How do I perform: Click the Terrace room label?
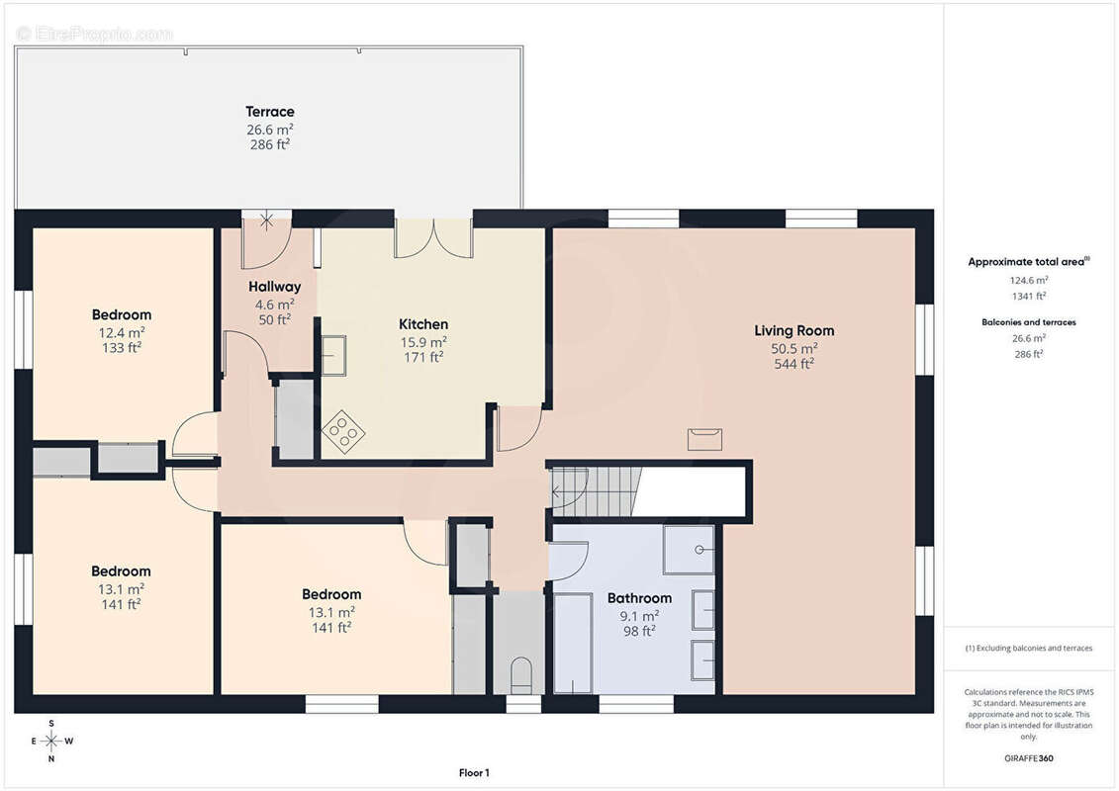click(x=270, y=112)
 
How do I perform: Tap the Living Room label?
click(x=793, y=330)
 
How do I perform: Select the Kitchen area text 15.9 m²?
click(x=423, y=342)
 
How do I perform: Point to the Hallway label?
click(x=275, y=287)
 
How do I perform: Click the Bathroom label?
click(x=639, y=598)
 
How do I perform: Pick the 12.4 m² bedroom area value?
click(x=122, y=332)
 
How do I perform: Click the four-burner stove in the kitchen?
click(x=343, y=432)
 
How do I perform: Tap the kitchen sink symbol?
click(x=333, y=355)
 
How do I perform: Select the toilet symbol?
click(x=521, y=674)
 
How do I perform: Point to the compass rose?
click(x=51, y=742)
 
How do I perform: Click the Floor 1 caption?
click(x=474, y=772)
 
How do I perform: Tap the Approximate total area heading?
click(x=1028, y=262)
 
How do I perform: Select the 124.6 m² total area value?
click(x=1028, y=280)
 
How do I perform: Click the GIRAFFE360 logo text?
click(x=1028, y=758)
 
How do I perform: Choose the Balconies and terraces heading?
click(x=1028, y=322)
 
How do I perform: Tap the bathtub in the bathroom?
click(x=573, y=644)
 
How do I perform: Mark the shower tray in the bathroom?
click(x=689, y=550)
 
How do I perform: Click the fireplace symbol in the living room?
click(x=704, y=439)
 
